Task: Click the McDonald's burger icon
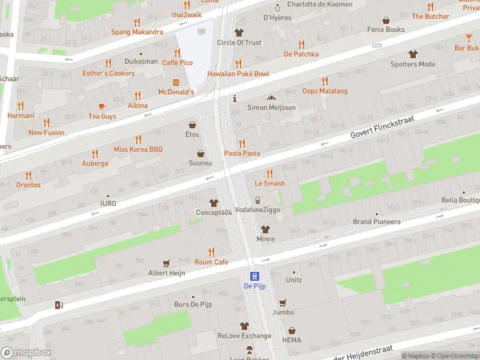coord(176,82)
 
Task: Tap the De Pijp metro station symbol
coord(254,276)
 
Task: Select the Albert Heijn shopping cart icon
coord(167,263)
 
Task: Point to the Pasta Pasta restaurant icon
coord(242,143)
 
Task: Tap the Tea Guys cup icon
coord(102,106)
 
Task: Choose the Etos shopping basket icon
coord(192,125)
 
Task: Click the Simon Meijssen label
coord(271,107)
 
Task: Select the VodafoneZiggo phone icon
coord(257,200)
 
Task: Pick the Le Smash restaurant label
coord(269,184)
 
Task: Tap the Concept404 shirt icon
coord(213,203)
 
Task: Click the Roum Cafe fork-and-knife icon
coord(211,252)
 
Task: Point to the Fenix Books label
coord(386,29)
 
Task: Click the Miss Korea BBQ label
coord(138,149)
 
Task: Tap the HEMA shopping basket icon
coord(292,331)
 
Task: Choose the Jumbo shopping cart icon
coord(283,302)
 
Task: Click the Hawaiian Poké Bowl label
coord(238,74)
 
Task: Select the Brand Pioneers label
coord(376,222)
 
